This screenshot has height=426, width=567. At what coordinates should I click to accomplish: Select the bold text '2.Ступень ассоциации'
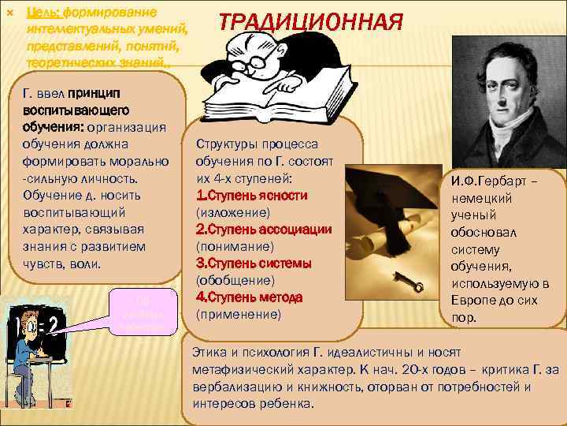(x=263, y=229)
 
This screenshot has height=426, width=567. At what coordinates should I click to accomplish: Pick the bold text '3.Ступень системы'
(x=253, y=263)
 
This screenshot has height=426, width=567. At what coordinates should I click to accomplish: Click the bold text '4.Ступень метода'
(x=250, y=297)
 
